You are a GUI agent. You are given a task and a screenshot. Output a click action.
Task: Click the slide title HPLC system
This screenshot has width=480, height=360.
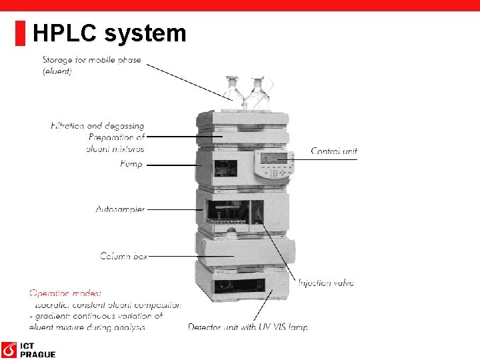coord(109,33)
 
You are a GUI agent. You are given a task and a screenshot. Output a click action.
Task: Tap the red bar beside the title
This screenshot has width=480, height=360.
coord(20,33)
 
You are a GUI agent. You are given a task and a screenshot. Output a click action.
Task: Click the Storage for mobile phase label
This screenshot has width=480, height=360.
coord(91,65)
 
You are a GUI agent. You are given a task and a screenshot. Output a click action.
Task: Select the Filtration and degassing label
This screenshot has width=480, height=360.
coord(97,125)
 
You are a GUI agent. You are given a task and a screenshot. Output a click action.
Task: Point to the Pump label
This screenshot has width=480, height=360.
coord(131,163)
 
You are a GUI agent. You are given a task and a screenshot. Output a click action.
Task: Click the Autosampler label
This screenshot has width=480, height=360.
coord(120,209)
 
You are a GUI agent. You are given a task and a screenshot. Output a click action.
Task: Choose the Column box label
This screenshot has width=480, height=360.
coord(124,255)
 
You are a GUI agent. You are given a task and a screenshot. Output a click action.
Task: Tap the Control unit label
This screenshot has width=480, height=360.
coord(334,151)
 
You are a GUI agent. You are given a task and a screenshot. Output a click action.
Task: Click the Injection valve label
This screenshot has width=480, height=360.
coord(326,283)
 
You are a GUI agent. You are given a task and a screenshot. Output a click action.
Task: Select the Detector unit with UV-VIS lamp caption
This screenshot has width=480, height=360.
coord(247,327)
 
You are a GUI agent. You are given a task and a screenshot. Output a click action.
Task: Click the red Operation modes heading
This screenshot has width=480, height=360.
coord(65,293)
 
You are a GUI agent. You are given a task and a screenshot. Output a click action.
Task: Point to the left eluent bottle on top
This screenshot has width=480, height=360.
coord(233,93)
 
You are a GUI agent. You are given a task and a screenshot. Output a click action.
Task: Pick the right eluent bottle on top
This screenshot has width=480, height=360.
coord(257,93)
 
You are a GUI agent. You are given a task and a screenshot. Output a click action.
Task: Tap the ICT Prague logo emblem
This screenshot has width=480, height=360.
coord(9,350)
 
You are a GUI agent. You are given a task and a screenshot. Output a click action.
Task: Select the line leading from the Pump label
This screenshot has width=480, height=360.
coord(171,164)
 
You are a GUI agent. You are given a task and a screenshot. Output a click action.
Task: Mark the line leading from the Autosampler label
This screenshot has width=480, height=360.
coord(175,209)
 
